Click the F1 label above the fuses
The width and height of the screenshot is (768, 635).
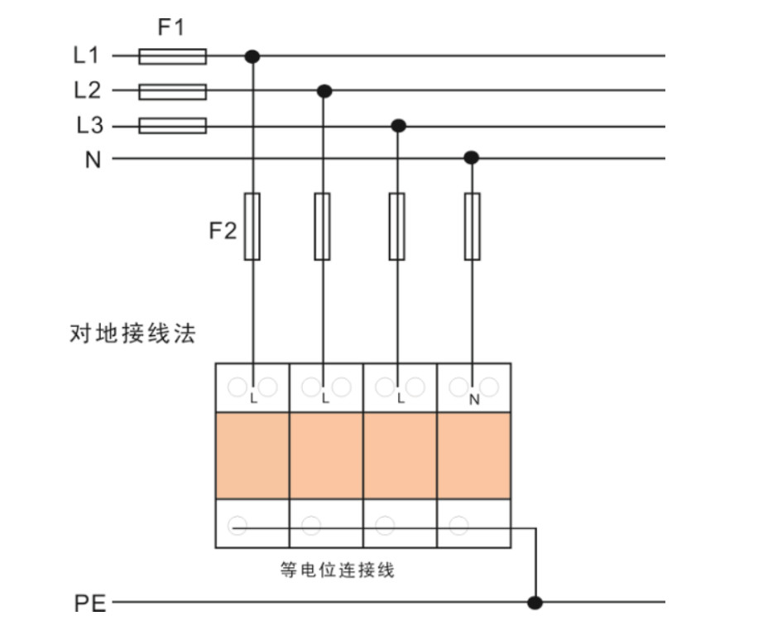click(170, 27)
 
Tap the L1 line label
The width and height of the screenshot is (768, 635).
click(86, 56)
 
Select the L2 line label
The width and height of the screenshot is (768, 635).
click(86, 90)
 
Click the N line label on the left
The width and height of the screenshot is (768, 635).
click(92, 159)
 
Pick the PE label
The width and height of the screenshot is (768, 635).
click(90, 604)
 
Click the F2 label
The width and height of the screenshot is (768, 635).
click(222, 230)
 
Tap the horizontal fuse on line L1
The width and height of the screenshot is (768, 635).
click(172, 56)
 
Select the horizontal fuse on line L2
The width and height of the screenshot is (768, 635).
click(172, 91)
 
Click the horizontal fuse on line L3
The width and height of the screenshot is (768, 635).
click(172, 126)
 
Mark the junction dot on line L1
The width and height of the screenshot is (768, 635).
click(252, 56)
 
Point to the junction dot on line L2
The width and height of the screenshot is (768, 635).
click(325, 90)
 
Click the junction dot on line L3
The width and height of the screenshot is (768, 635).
click(398, 126)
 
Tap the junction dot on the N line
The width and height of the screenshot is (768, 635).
click(471, 157)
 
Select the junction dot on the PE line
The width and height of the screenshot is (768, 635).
click(535, 602)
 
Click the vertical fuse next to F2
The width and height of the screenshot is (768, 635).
click(252, 226)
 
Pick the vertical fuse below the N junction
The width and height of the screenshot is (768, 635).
click(472, 226)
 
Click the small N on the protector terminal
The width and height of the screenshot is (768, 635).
click(473, 400)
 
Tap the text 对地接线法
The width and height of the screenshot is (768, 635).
click(132, 334)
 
